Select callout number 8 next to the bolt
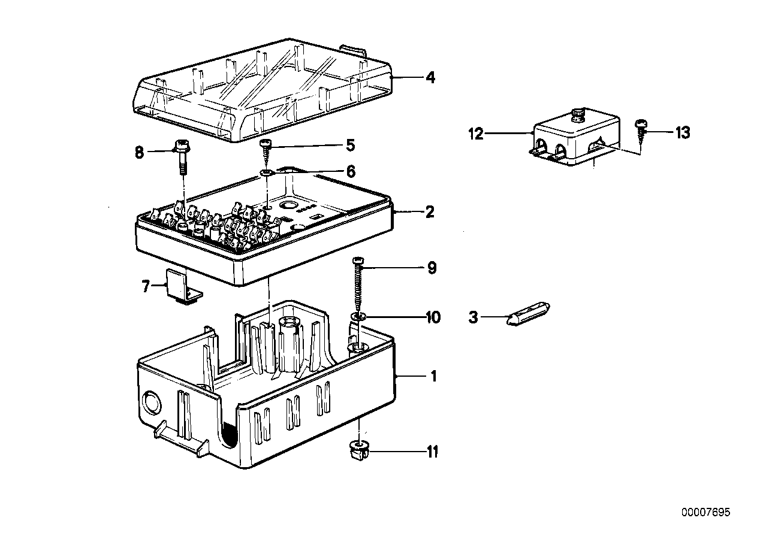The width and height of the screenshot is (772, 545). coord(139,153)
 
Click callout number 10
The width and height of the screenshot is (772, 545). coord(432,317)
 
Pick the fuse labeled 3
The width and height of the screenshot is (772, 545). coord(529,315)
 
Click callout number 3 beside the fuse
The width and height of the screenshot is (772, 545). coord(474,317)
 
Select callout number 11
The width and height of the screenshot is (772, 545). coord(431,451)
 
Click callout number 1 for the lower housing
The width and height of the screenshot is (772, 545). coord(433,377)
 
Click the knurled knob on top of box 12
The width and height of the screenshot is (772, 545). coord(578,114)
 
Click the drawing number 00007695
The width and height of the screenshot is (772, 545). coord(705,513)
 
